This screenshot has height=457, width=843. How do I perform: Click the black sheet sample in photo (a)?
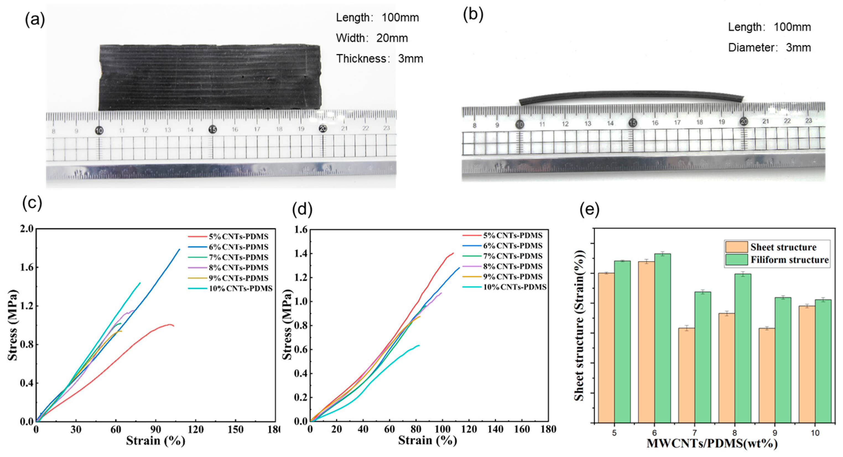coord(209,77)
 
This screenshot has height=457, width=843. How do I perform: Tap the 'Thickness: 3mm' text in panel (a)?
coord(380,59)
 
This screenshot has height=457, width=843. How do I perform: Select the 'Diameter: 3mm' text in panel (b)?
coord(769,48)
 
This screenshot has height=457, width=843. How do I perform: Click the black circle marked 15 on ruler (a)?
coord(213,130)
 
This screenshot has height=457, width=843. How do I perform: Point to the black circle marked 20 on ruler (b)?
coord(744,122)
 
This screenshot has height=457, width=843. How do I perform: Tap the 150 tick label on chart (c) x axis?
coord(236,430)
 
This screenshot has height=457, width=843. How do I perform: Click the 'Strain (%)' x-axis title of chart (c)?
coord(155,441)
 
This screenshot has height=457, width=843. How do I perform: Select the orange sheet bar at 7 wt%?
coord(686,375)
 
